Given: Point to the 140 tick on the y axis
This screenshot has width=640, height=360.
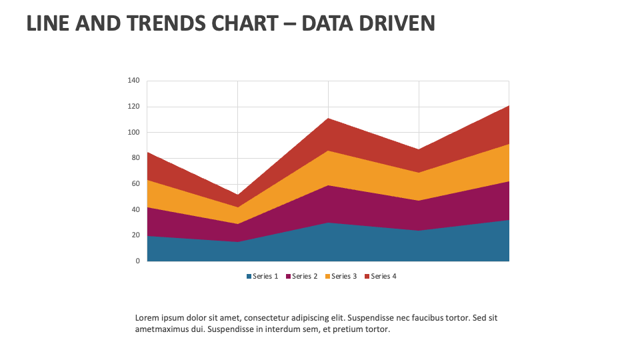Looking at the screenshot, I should tap(133, 81).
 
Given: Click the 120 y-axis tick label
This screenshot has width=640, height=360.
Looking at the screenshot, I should tap(133, 107).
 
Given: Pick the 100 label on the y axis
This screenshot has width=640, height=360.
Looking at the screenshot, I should tap(133, 133).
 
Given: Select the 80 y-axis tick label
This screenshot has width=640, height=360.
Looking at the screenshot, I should tap(135, 158).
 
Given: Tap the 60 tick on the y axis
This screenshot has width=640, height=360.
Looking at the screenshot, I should tap(135, 184).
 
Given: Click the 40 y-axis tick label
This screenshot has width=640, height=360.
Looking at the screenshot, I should tap(135, 209).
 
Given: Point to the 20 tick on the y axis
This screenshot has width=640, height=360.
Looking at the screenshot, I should tap(135, 235).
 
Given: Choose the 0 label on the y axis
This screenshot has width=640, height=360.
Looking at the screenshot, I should tap(137, 261).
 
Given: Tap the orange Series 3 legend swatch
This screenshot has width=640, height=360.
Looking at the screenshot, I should tap(328, 277).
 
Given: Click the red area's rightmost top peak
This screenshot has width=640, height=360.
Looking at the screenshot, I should tap(509, 106).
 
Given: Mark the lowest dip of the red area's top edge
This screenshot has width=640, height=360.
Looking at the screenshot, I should tap(237, 195).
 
